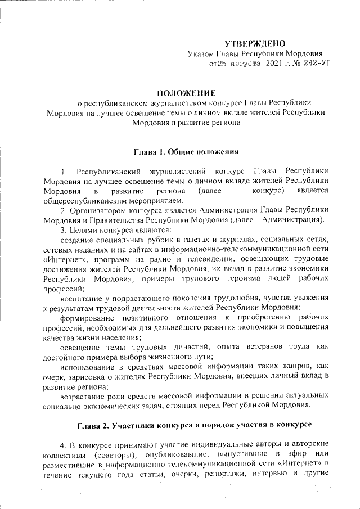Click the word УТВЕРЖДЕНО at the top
[x=255, y=43]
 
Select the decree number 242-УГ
[x=316, y=65]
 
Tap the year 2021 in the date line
[x=274, y=65]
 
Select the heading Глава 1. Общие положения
[x=187, y=151]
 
